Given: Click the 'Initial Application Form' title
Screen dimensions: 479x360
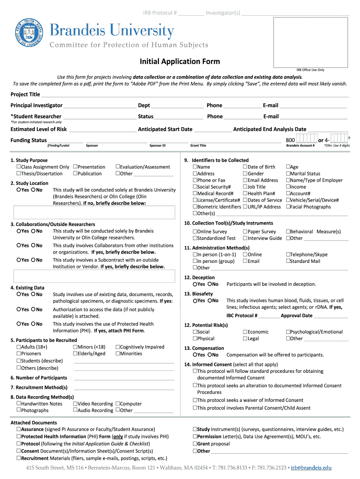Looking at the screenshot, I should (180, 61).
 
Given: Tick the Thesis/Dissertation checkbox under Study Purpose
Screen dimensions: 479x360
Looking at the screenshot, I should (18, 174).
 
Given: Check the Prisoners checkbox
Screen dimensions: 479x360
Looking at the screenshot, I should (18, 354).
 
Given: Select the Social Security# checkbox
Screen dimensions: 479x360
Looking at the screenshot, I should (194, 187).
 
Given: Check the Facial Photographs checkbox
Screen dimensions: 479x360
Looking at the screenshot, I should (288, 206).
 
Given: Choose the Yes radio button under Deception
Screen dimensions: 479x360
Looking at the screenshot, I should (194, 284).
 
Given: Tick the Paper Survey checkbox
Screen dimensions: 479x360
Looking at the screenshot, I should (245, 232).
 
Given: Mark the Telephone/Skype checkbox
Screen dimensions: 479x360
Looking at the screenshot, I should (288, 254).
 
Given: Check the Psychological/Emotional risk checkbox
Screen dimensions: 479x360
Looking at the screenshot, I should (288, 332).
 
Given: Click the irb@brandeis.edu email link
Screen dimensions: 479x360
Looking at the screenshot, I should (310, 467).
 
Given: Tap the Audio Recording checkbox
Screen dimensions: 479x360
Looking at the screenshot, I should (75, 410).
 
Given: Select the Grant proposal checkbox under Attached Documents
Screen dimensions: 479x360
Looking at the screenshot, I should (194, 443).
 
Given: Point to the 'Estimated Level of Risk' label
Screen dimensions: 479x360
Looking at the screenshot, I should (38, 129).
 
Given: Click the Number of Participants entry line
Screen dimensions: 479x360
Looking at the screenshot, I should (124, 377).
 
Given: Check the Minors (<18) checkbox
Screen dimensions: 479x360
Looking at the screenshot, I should (75, 347).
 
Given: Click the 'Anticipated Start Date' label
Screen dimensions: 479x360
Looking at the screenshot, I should (165, 129).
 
